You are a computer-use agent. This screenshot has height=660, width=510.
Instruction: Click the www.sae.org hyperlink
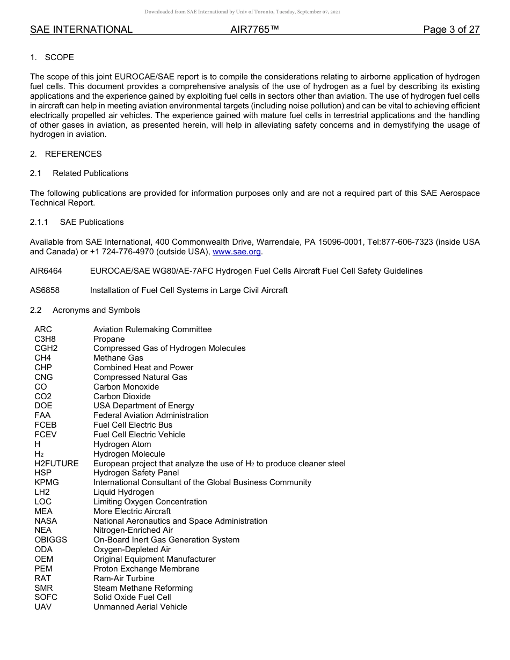point(237,252)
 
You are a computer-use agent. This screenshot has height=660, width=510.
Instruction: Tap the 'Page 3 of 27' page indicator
point(451,30)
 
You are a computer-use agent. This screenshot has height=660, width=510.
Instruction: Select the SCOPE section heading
point(59,57)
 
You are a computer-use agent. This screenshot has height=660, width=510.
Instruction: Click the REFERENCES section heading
point(73,154)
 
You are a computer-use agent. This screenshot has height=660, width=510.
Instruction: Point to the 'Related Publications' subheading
point(90,173)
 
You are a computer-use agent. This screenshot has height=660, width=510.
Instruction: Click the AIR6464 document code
point(45,271)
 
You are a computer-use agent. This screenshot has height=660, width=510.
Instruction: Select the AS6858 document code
point(45,290)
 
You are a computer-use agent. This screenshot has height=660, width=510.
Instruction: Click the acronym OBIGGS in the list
point(51,540)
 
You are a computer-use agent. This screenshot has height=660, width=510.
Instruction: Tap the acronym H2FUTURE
point(56,463)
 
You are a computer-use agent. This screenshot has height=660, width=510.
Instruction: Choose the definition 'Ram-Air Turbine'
point(123,578)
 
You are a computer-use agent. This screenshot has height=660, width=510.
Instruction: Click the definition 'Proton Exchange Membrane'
point(146,569)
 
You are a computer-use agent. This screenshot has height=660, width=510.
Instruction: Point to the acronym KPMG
point(47,482)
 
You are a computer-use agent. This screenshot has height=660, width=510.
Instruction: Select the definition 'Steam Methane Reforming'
point(143,588)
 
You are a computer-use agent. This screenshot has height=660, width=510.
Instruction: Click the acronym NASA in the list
point(46,521)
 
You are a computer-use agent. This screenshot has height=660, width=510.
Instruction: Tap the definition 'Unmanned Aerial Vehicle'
point(140,607)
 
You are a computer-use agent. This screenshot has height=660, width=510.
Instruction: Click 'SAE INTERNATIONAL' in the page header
point(81,30)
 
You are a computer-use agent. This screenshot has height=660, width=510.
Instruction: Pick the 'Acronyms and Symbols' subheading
point(96,310)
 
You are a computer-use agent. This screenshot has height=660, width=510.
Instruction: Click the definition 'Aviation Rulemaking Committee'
point(152,329)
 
